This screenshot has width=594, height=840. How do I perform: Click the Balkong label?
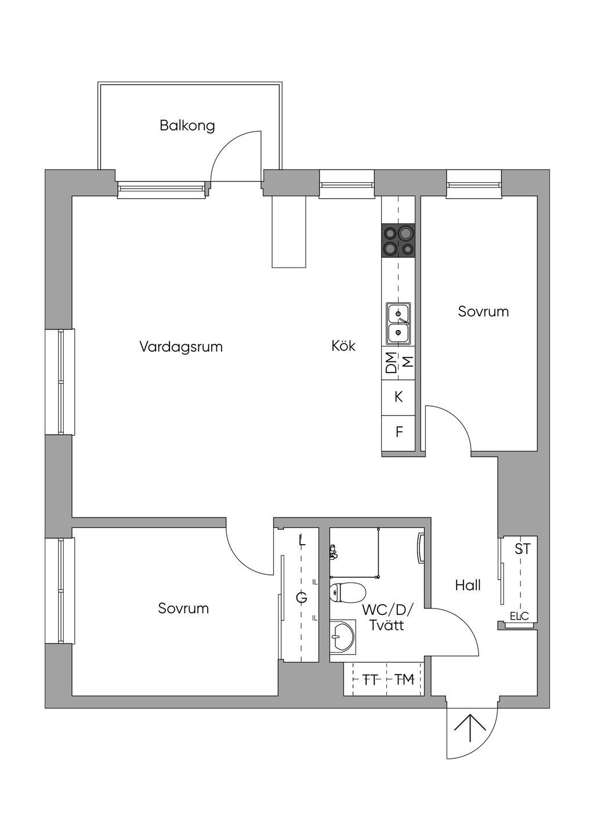pyautogui.click(x=187, y=126)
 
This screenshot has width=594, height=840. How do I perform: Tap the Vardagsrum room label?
pyautogui.click(x=181, y=346)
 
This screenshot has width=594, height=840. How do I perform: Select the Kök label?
pyautogui.click(x=343, y=345)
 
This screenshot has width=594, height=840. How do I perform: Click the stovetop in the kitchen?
pyautogui.click(x=399, y=240)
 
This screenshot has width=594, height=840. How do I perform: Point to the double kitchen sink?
pyautogui.click(x=399, y=324)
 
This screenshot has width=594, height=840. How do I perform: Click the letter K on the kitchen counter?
pyautogui.click(x=399, y=397)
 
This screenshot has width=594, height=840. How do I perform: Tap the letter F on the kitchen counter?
pyautogui.click(x=399, y=432)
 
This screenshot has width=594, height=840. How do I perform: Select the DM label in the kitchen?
pyautogui.click(x=391, y=363)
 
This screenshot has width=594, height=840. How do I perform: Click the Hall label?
pyautogui.click(x=468, y=585)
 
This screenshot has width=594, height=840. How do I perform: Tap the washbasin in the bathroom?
pyautogui.click(x=343, y=637)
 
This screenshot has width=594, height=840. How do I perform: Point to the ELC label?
pyautogui.click(x=519, y=616)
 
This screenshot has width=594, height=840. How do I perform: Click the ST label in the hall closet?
pyautogui.click(x=523, y=549)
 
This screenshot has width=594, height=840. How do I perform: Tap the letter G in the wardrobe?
pyautogui.click(x=302, y=598)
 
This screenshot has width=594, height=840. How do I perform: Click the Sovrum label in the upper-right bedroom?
pyautogui.click(x=483, y=312)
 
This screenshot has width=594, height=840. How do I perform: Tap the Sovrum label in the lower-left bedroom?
pyautogui.click(x=183, y=609)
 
